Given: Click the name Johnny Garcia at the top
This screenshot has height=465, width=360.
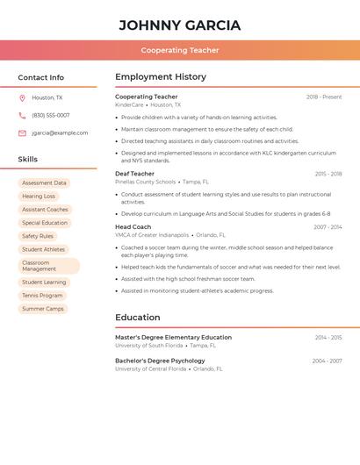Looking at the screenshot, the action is tap(179, 25).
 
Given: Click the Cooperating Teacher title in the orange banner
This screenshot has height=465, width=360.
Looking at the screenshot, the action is tap(180, 50).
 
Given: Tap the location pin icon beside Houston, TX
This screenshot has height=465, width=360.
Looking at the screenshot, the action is tap(22, 98).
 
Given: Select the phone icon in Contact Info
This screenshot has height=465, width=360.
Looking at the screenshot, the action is tap(22, 115).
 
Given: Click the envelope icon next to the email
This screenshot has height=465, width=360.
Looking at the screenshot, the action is tap(22, 133).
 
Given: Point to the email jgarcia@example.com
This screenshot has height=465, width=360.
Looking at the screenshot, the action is tap(60, 133).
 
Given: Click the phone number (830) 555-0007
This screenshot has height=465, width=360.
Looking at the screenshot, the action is tap(50, 115).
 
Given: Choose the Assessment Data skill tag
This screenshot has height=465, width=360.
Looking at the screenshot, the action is tap(44, 183).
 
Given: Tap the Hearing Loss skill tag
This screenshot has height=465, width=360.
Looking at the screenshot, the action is tap(39, 197).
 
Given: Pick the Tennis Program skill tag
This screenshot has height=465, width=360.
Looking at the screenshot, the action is tap(42, 296).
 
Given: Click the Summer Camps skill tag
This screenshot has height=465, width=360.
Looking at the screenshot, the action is tap(43, 309).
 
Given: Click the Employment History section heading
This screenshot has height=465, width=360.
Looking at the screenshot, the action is tap(161, 77).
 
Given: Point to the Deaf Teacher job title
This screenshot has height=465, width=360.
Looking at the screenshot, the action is tap(134, 174).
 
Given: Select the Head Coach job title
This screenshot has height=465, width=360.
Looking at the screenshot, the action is tap(133, 227).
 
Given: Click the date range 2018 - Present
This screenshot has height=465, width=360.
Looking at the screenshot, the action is tap(324, 97).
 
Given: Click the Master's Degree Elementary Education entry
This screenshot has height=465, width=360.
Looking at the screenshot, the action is tap(173, 337).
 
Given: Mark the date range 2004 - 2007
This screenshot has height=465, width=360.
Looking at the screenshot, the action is tap(327, 361).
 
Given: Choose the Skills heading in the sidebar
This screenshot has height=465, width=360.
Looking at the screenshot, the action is tap(28, 160).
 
